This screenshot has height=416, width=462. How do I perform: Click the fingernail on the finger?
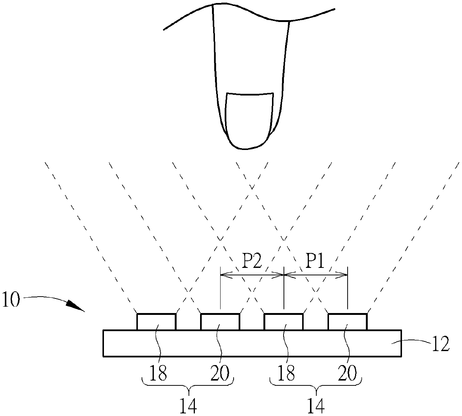(248, 118)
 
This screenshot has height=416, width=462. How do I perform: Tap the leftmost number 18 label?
(158, 373)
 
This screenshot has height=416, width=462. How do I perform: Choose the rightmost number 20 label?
(347, 373)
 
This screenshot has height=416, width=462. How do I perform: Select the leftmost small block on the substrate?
(156, 322)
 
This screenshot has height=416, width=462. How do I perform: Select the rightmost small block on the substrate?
(347, 322)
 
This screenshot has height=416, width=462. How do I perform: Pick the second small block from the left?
(220, 322)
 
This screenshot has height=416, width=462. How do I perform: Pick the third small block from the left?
(284, 322)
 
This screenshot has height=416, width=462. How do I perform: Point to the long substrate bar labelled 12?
(252, 343)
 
